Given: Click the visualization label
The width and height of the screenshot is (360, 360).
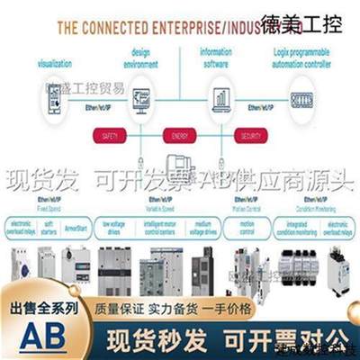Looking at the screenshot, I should [55, 64].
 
